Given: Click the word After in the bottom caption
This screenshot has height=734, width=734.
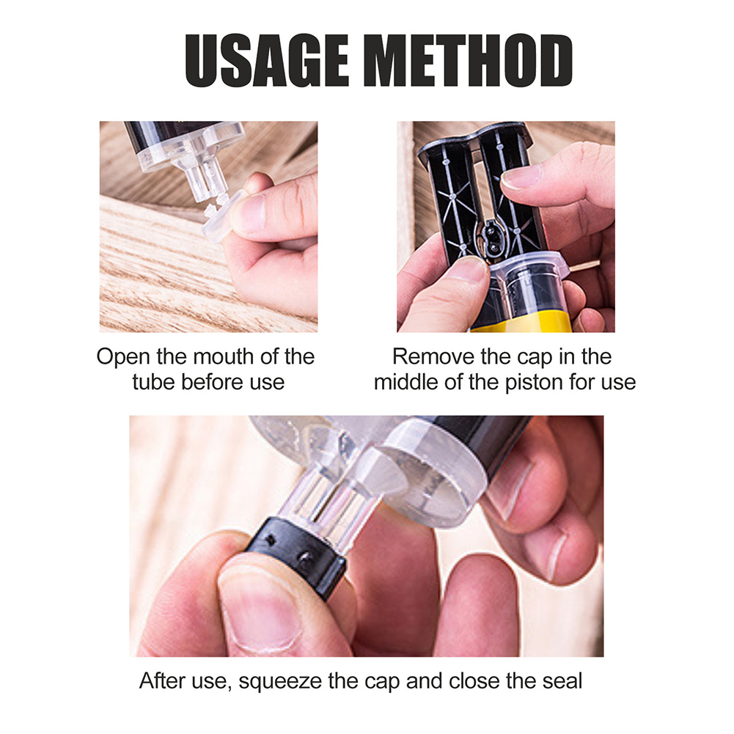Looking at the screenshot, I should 163,680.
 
